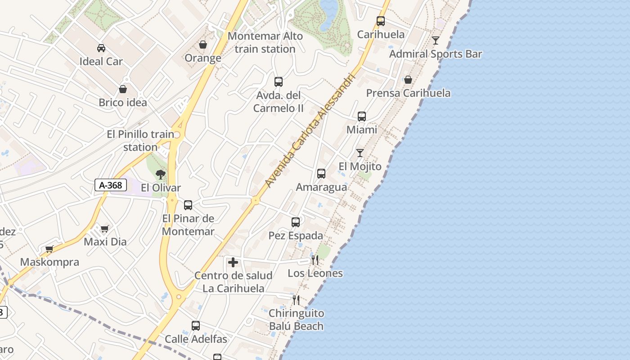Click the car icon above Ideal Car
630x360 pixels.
tap(101, 48)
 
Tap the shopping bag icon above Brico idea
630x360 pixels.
tap(123, 89)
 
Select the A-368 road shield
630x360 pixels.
tap(111, 184)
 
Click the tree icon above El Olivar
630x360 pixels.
tap(161, 174)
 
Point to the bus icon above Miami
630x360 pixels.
tap(362, 117)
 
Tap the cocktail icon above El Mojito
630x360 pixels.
tap(360, 153)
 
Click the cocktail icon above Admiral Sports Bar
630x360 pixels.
tap(436, 40)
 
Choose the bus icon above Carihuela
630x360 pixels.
tap(381, 21)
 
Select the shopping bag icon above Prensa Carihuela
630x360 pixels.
tap(408, 80)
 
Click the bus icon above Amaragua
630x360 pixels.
tap(321, 174)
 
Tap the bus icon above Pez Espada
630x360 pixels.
tap(296, 222)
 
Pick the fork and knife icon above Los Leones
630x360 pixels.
tap(315, 260)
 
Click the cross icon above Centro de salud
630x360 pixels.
tap(233, 262)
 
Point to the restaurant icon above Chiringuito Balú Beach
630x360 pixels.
tap(296, 300)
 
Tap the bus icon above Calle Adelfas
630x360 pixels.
tap(196, 325)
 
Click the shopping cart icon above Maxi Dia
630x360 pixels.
tap(105, 229)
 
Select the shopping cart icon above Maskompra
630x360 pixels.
tap(49, 249)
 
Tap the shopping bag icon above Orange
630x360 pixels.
tap(203, 45)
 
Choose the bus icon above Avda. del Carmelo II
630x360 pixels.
tap(279, 82)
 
